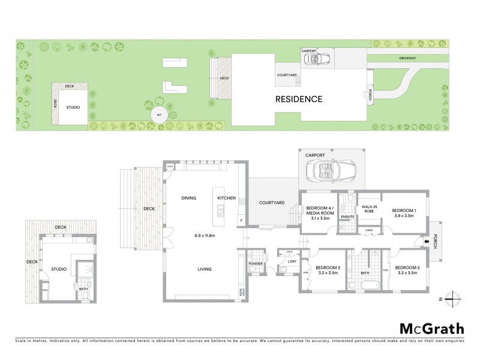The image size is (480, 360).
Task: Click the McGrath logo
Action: coord(432,328)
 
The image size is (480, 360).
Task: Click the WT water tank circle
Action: coord(159,114)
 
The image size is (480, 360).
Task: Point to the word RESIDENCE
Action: coord(299,99)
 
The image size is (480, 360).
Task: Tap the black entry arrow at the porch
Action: coord(427,242)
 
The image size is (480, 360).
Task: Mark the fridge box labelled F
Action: coord(241,220)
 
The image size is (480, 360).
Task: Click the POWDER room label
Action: coord(255,263)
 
